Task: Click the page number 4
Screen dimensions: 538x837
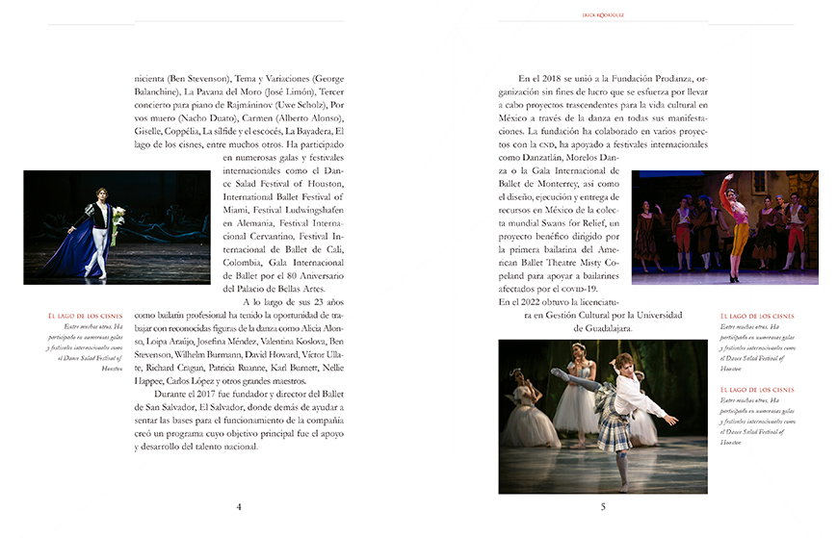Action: tap(239, 507)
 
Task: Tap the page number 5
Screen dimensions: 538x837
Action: tap(603, 507)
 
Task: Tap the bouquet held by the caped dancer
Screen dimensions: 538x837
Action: tap(118, 222)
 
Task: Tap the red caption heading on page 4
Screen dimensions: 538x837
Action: tap(85, 316)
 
